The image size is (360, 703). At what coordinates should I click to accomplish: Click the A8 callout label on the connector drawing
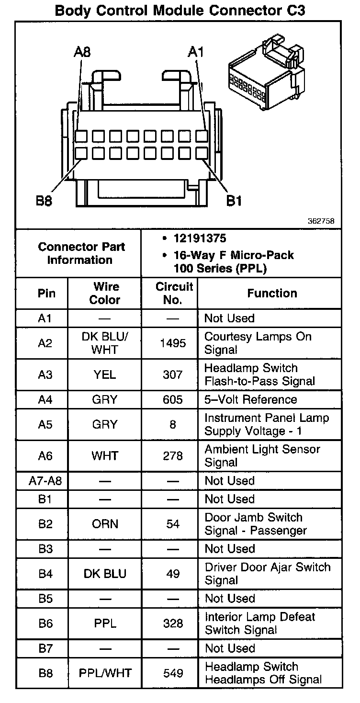[82, 52]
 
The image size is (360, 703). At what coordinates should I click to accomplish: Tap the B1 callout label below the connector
[234, 201]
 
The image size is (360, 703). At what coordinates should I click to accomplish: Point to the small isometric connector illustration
[265, 74]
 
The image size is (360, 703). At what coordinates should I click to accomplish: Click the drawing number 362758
[321, 221]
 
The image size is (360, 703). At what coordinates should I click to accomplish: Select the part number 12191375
[200, 238]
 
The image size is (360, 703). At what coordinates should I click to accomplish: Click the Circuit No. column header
[174, 293]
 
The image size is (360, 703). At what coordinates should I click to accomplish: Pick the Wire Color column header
[105, 293]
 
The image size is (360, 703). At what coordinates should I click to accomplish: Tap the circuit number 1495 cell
[173, 343]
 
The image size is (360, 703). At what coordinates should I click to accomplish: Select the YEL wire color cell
[105, 374]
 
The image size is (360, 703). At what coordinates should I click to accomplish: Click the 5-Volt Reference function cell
[250, 399]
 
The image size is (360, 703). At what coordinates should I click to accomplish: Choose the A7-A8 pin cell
[45, 481]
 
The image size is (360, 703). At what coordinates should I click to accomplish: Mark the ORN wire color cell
[105, 524]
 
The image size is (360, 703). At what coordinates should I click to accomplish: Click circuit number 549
[173, 673]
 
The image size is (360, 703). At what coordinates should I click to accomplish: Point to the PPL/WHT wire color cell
[105, 673]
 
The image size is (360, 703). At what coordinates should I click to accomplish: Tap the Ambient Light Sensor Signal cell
[262, 456]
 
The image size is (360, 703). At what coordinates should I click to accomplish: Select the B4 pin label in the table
[45, 574]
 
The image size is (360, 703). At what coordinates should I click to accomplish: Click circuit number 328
[173, 624]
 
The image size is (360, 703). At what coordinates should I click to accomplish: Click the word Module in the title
[180, 11]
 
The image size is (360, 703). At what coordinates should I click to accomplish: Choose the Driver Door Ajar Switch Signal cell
[267, 574]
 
